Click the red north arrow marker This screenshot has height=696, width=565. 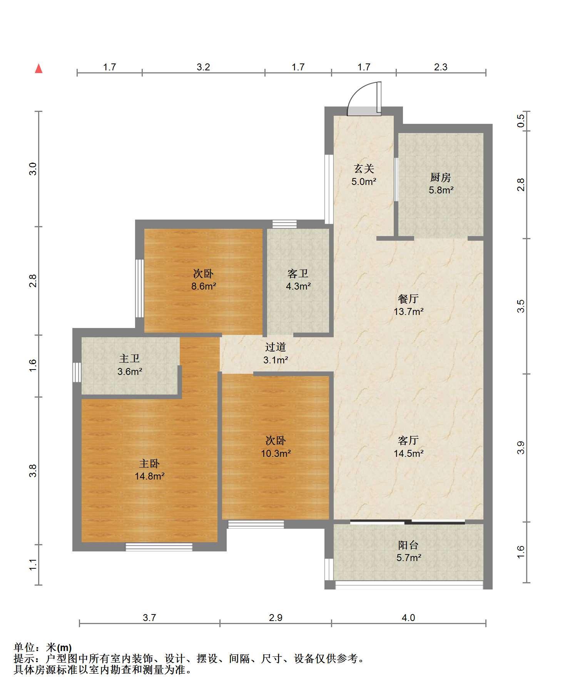[x=38, y=69]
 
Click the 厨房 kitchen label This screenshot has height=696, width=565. [x=441, y=177]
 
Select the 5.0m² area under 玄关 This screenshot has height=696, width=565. [x=363, y=181]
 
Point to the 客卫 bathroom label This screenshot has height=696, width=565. [x=298, y=274]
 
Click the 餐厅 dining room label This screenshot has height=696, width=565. [x=408, y=299]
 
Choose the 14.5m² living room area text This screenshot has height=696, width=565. [x=408, y=453]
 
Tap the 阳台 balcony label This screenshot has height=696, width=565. [x=408, y=545]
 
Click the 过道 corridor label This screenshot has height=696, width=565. [x=276, y=347]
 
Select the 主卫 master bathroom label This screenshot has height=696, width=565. [x=129, y=359]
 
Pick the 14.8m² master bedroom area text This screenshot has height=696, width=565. [x=149, y=476]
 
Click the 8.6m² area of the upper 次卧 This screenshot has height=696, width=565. [x=204, y=286]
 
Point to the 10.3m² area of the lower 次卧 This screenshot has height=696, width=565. [x=276, y=453]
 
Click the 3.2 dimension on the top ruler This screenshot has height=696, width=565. [x=203, y=67]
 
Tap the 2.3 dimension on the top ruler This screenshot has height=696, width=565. [x=441, y=67]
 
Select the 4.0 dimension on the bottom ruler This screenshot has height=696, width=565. [x=408, y=618]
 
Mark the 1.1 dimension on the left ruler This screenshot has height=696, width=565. [x=33, y=565]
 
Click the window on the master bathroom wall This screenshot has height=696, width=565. [x=77, y=372]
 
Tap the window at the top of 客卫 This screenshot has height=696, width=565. [x=284, y=224]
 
